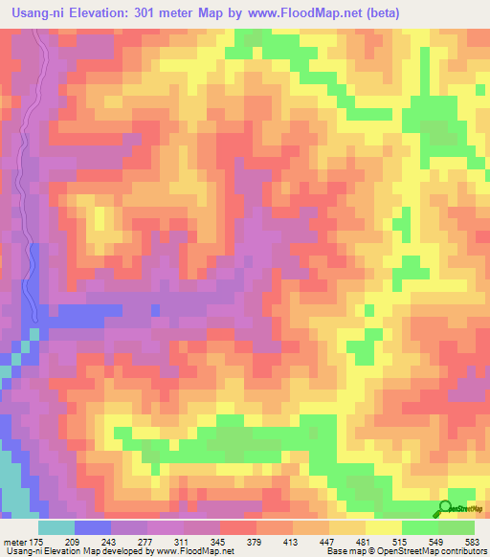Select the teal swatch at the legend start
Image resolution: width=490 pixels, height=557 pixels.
56,527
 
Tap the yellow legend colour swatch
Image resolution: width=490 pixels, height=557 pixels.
383,527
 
